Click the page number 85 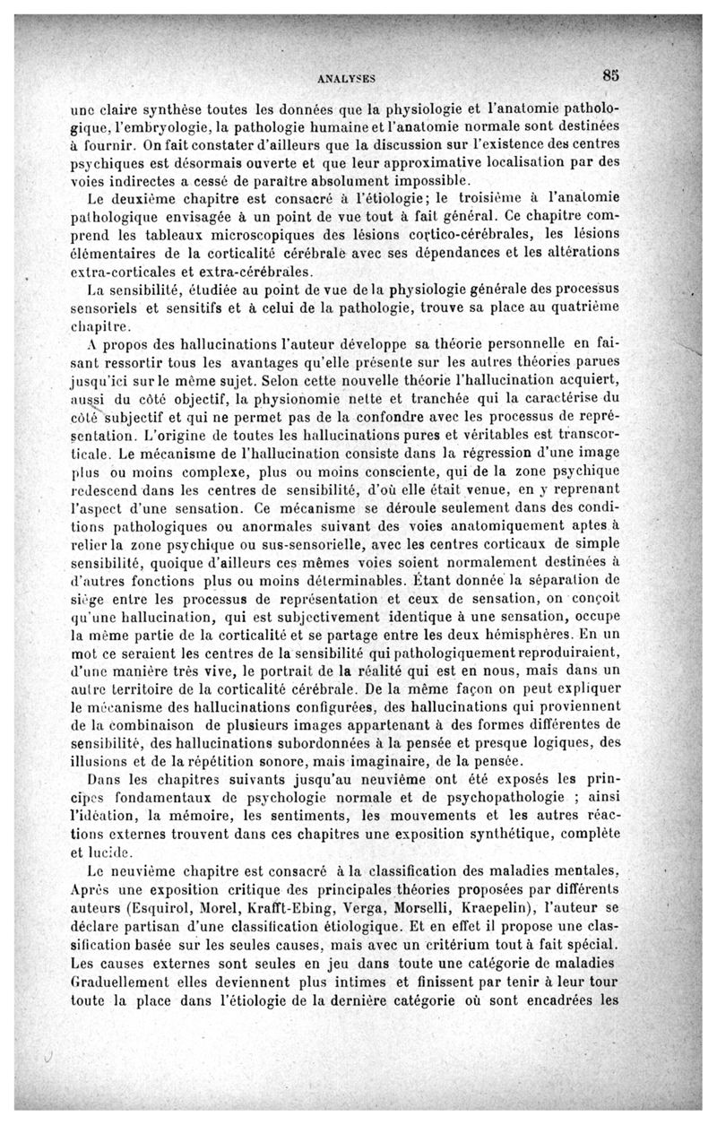[612, 75]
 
